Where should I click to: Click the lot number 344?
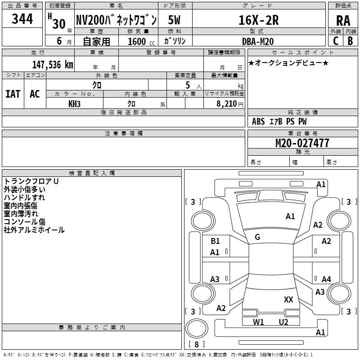tap(22, 19)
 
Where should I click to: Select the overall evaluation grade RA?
tap(343, 21)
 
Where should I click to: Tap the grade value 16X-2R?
tap(258, 20)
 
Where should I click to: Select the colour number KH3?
tap(74, 103)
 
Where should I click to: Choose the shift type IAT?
tap(13, 94)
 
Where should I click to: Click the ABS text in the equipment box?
tap(258, 121)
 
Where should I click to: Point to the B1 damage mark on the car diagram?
tap(215, 241)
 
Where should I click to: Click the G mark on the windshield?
tap(257, 237)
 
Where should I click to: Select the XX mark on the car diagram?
tap(288, 299)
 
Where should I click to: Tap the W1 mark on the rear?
tap(258, 322)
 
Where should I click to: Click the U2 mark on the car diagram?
tap(283, 322)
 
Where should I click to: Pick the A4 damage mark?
tap(326, 279)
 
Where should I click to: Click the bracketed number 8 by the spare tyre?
tap(196, 345)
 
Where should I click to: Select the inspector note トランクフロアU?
tap(31, 181)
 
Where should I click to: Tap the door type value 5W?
tap(175, 20)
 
